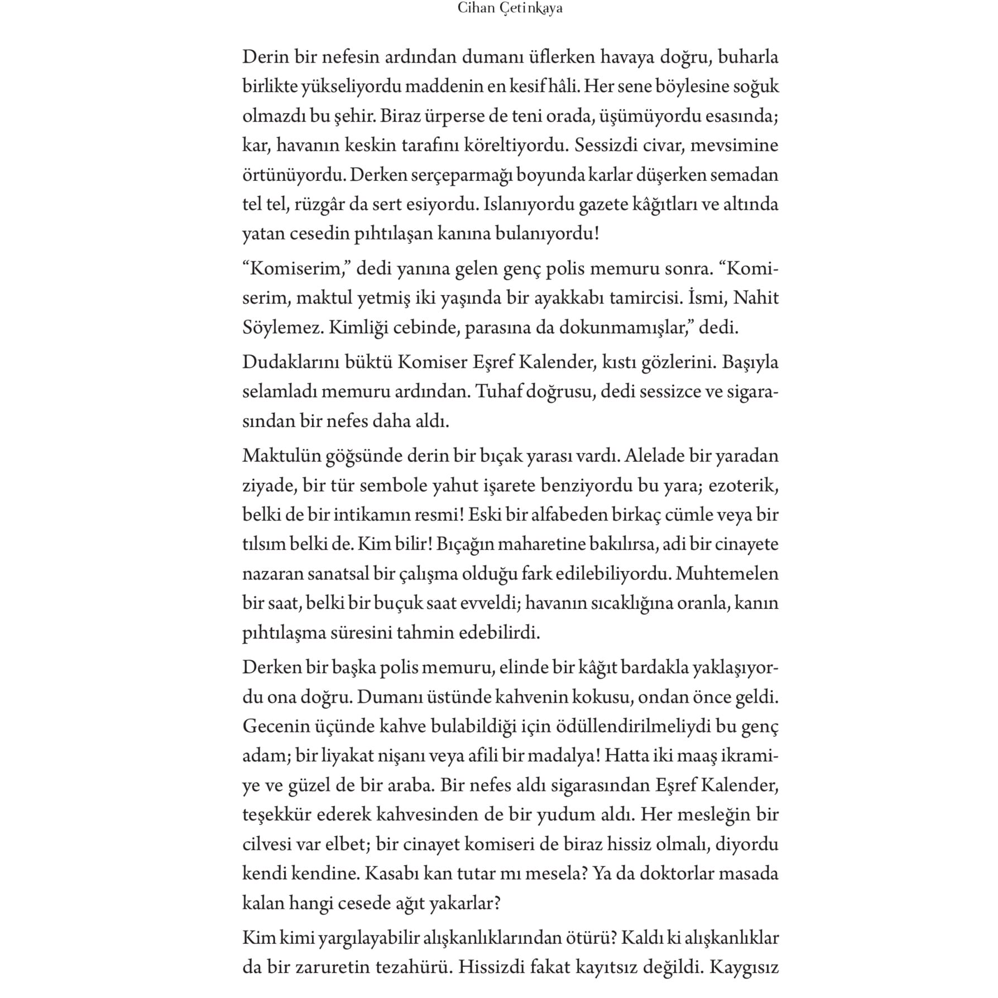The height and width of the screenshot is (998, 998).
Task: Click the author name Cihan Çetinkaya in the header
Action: (x=509, y=9)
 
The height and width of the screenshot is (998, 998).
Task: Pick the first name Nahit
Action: (x=756, y=298)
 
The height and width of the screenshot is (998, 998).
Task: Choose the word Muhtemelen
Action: (x=727, y=573)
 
